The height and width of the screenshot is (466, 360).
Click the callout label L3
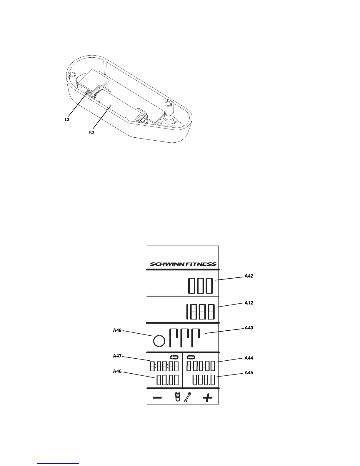(67, 120)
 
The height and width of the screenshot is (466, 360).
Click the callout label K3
(92, 132)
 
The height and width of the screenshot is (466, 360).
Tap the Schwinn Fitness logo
(183, 264)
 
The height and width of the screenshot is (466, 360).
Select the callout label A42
(249, 276)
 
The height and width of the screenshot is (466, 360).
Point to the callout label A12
(249, 303)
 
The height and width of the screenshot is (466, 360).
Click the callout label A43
(249, 328)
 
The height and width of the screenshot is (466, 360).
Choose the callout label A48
(117, 330)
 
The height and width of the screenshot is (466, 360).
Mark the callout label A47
(117, 356)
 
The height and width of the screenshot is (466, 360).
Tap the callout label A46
(117, 371)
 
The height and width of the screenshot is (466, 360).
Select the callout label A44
(249, 358)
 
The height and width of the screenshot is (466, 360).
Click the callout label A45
(249, 372)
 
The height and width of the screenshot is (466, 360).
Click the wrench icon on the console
(187, 397)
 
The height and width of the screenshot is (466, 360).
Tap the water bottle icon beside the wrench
(177, 397)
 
